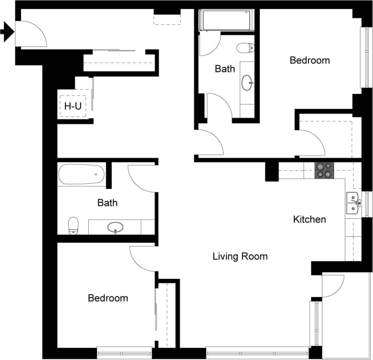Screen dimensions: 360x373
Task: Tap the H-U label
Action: click(x=73, y=106)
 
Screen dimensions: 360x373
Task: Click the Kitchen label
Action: click(x=309, y=219)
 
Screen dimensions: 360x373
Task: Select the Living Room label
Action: click(x=240, y=256)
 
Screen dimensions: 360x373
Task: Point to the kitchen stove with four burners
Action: click(x=324, y=170)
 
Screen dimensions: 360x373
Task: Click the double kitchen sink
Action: click(x=353, y=203)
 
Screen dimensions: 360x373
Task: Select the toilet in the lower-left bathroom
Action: click(x=73, y=225)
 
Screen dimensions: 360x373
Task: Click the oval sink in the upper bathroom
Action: click(x=247, y=82)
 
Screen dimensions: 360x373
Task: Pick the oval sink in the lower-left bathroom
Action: click(x=115, y=227)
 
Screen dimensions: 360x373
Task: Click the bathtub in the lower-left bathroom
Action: click(x=82, y=174)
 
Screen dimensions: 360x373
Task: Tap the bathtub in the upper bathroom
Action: click(x=226, y=20)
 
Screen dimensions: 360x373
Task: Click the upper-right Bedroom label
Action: click(x=310, y=60)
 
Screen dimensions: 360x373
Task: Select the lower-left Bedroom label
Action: click(x=108, y=298)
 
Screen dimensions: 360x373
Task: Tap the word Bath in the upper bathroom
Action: click(x=225, y=69)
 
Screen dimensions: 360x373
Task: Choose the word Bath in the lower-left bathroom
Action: click(x=107, y=203)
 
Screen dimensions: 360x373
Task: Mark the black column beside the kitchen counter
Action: click(x=271, y=171)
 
